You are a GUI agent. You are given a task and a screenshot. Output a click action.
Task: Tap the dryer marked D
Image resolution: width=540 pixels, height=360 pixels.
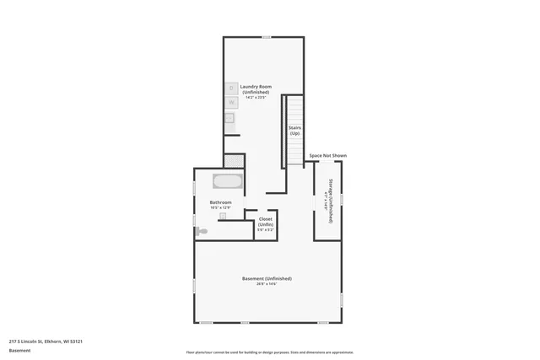coord(231,88)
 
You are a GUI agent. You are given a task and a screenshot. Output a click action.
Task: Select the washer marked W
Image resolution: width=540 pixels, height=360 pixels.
coord(231,102)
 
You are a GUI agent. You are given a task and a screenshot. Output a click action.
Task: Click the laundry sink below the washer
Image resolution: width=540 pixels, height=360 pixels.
coord(229,118)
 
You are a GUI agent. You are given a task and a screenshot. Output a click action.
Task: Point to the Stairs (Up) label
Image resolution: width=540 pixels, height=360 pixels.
coord(294,131)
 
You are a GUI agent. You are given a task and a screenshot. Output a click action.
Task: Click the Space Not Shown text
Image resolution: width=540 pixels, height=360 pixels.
coord(327,156)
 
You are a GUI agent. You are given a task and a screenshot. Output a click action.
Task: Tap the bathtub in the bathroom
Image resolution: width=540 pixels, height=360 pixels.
coord(227,181)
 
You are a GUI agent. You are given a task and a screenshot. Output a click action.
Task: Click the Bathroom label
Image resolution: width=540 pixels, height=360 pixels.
coord(221,202)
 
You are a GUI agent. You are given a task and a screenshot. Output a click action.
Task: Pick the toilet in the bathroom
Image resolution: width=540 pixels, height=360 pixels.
coord(202,230)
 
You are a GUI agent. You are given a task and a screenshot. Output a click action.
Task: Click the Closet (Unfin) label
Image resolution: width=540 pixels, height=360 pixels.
coord(266,221)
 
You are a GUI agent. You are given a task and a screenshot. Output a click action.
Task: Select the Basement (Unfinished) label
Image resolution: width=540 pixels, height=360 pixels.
coord(267,278)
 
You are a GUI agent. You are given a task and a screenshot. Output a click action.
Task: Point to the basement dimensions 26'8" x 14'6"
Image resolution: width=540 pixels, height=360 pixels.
coord(267,284)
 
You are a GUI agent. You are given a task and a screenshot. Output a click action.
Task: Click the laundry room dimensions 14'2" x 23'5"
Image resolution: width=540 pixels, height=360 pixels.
coord(255,97)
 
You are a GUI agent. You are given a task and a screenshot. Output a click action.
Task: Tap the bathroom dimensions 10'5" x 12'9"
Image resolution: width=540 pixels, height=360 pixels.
coord(221,207)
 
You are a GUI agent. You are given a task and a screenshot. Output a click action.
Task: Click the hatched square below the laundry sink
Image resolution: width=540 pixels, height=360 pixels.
coord(231,159)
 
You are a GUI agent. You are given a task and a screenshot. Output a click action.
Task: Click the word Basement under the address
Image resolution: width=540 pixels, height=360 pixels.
coord(19,350)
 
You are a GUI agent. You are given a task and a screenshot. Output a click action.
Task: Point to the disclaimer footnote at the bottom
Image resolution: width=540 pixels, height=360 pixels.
coord(269,351)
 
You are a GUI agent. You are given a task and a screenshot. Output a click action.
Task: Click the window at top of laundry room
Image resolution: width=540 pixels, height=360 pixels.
coord(266,37)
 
